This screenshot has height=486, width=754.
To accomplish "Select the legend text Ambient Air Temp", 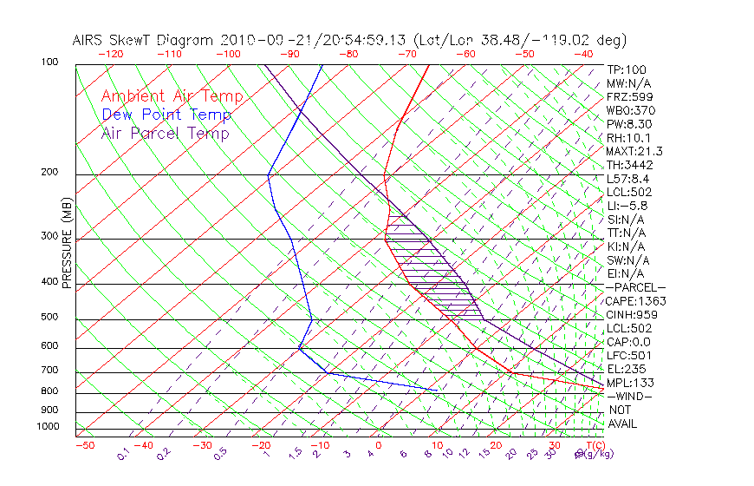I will tap(172, 96).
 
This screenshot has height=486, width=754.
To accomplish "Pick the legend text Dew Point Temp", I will tap(166, 115).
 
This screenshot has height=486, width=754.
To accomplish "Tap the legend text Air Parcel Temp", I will tap(165, 133).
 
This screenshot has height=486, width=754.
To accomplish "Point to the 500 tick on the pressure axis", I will tap(49, 318).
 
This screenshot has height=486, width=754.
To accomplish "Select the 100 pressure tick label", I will tap(49, 62).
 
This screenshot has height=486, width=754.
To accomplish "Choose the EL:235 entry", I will tap(626, 369).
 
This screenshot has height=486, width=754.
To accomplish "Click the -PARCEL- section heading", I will tap(635, 287).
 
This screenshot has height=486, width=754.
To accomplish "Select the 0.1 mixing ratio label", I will tap(124, 454).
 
